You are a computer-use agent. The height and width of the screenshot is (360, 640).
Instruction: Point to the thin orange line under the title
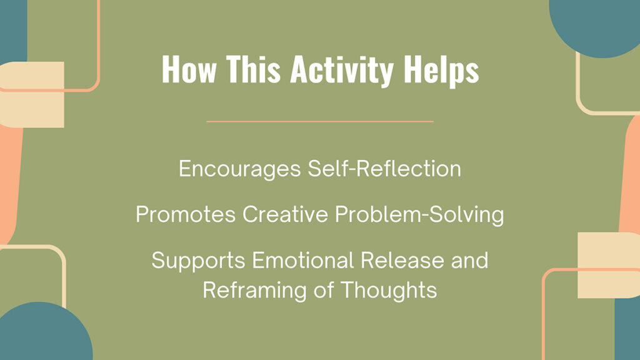pyautogui.click(x=320, y=121)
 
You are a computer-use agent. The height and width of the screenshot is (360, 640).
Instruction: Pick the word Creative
pyautogui.click(x=284, y=214)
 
